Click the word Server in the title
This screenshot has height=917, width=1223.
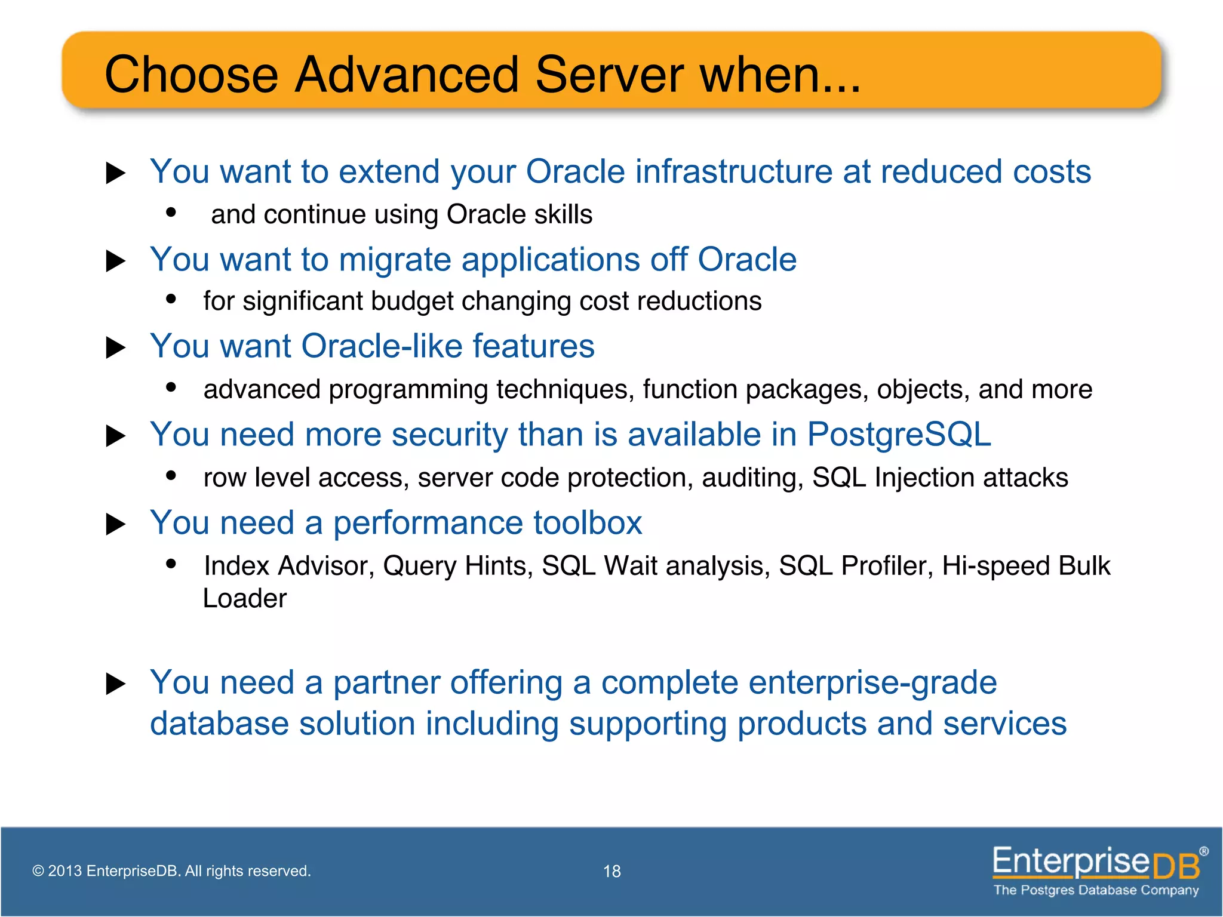point(609,75)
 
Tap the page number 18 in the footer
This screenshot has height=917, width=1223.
point(612,872)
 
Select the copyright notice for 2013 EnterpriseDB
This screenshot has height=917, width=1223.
point(171,871)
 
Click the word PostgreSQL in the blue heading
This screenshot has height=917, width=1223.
point(899,434)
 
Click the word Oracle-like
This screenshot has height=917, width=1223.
point(382,346)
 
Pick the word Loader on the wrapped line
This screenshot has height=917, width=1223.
point(245,599)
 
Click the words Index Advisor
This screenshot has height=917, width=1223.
point(288,566)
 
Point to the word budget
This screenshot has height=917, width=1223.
point(412,301)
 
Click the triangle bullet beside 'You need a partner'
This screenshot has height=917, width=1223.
point(115,684)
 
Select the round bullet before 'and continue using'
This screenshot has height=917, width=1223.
point(171,212)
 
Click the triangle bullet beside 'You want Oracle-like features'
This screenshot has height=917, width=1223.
point(115,347)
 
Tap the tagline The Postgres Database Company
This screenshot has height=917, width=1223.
point(1096,890)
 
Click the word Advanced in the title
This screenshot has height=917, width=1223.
point(407,75)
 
